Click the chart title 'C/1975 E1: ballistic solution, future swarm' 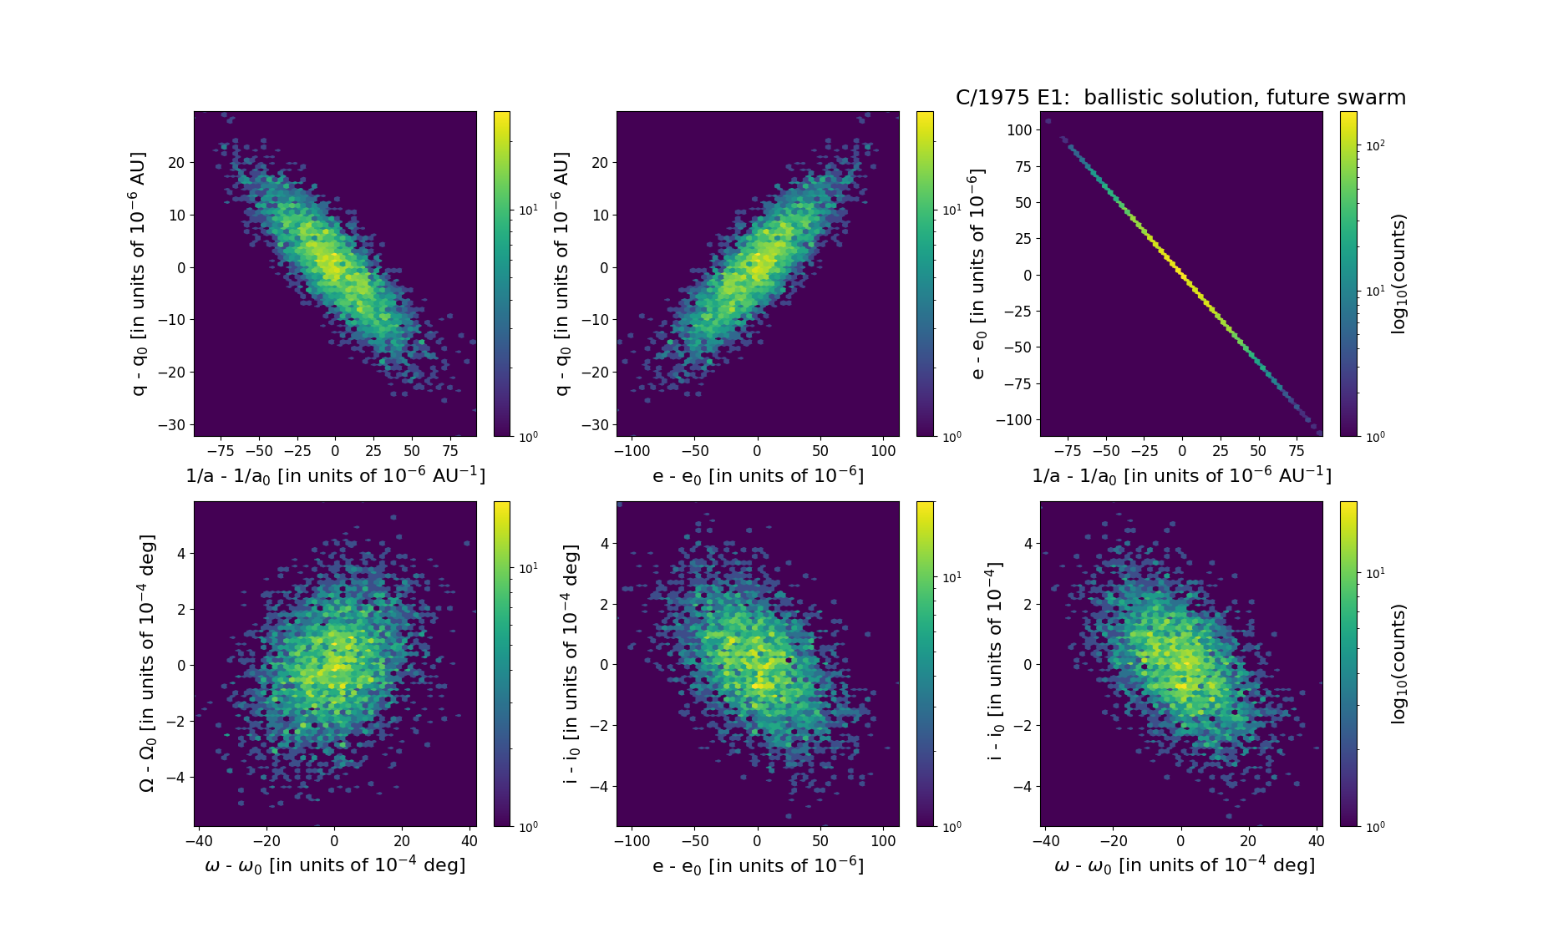coord(1180,98)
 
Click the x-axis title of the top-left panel coord(335,475)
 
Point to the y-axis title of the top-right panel coord(978,274)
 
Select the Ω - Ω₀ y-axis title coord(146,664)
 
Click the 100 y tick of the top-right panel coord(1019,129)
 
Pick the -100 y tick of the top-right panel coord(1014,420)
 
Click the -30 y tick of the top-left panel coord(175,424)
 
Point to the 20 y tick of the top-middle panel coord(600,163)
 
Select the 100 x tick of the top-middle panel coord(884,451)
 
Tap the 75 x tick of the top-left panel coord(449,451)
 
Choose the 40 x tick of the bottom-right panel coord(1316,841)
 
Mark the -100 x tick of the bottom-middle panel coord(632,841)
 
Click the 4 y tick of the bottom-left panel coord(181,554)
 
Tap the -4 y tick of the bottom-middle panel coord(600,787)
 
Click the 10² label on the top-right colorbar coord(1374,145)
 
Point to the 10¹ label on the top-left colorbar coord(528,210)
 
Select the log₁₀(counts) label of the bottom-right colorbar coord(1398,664)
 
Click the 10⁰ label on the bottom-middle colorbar coord(952,826)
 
